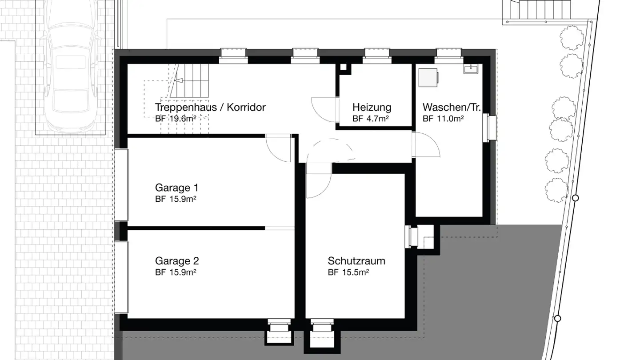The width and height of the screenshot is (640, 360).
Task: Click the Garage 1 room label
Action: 176,187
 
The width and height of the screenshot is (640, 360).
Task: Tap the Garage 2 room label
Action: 176,261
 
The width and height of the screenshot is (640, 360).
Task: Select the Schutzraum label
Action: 356,261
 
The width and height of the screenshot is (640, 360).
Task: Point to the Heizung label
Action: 372,107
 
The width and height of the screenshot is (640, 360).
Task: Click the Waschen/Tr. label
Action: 452,107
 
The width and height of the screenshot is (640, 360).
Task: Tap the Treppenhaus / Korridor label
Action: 210,107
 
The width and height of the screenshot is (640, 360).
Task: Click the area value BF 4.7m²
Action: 371,119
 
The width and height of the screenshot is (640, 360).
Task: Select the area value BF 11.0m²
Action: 443,119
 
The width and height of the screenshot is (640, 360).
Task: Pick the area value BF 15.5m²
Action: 348,272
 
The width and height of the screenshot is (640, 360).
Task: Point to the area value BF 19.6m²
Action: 176,119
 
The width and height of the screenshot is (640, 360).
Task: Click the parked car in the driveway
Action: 71,67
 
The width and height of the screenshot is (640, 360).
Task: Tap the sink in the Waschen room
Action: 471,69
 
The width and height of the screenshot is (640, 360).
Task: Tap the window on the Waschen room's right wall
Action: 492,128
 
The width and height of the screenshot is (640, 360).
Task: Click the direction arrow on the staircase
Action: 179,81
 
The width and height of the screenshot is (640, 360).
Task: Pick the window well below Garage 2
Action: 280,332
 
